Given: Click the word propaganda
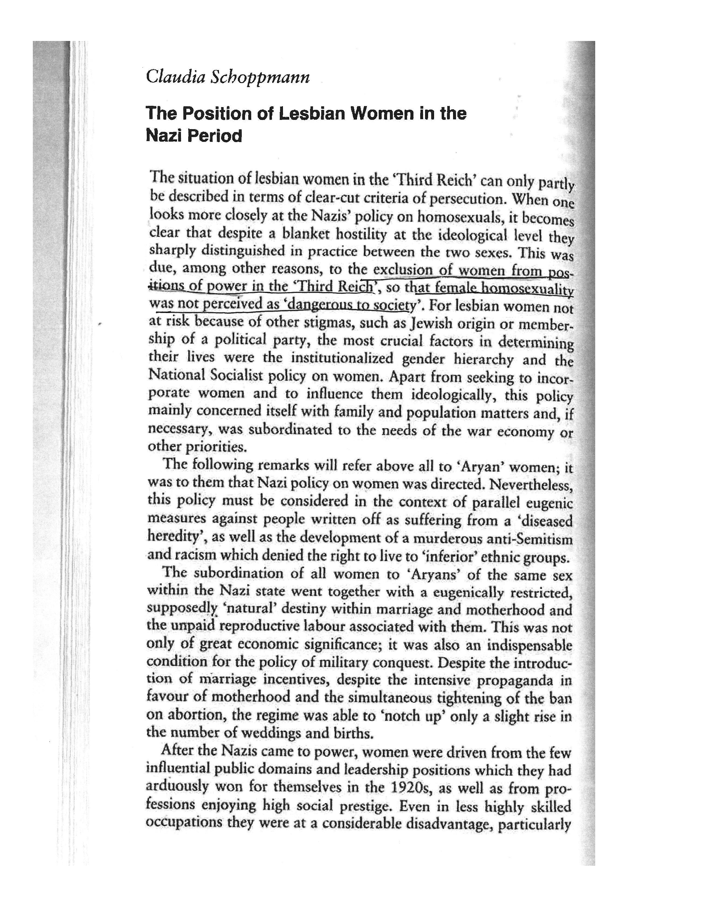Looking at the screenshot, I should tap(512, 681).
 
